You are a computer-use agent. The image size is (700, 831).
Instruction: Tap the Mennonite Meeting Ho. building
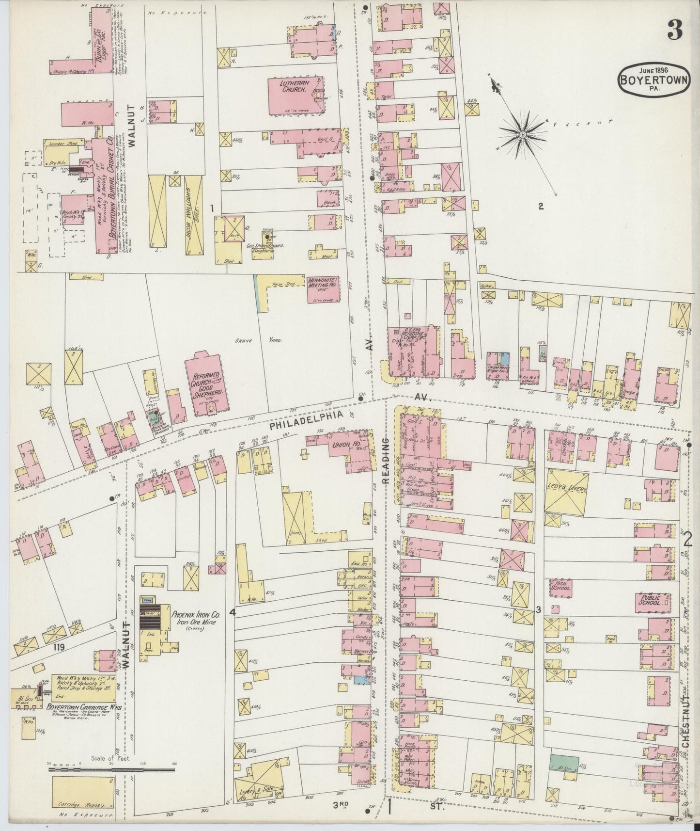coord(322,289)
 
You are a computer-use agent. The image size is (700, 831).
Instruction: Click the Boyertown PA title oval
coord(653,80)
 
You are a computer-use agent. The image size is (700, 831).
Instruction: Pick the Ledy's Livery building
coord(566,491)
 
